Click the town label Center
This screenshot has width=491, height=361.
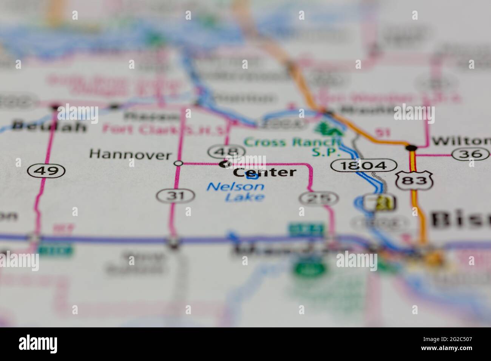264,172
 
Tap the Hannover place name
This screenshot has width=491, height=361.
130,154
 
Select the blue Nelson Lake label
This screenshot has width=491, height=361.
235,191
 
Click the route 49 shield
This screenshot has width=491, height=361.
46,171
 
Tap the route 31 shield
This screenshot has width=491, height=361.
175,196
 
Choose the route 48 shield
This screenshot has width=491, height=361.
225,152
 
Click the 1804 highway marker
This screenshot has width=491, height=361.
364,165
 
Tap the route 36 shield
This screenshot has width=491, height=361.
471,154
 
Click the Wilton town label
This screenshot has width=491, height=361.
461,141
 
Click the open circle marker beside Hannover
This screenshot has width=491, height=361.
179,163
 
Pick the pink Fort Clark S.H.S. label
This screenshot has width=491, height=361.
166,129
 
